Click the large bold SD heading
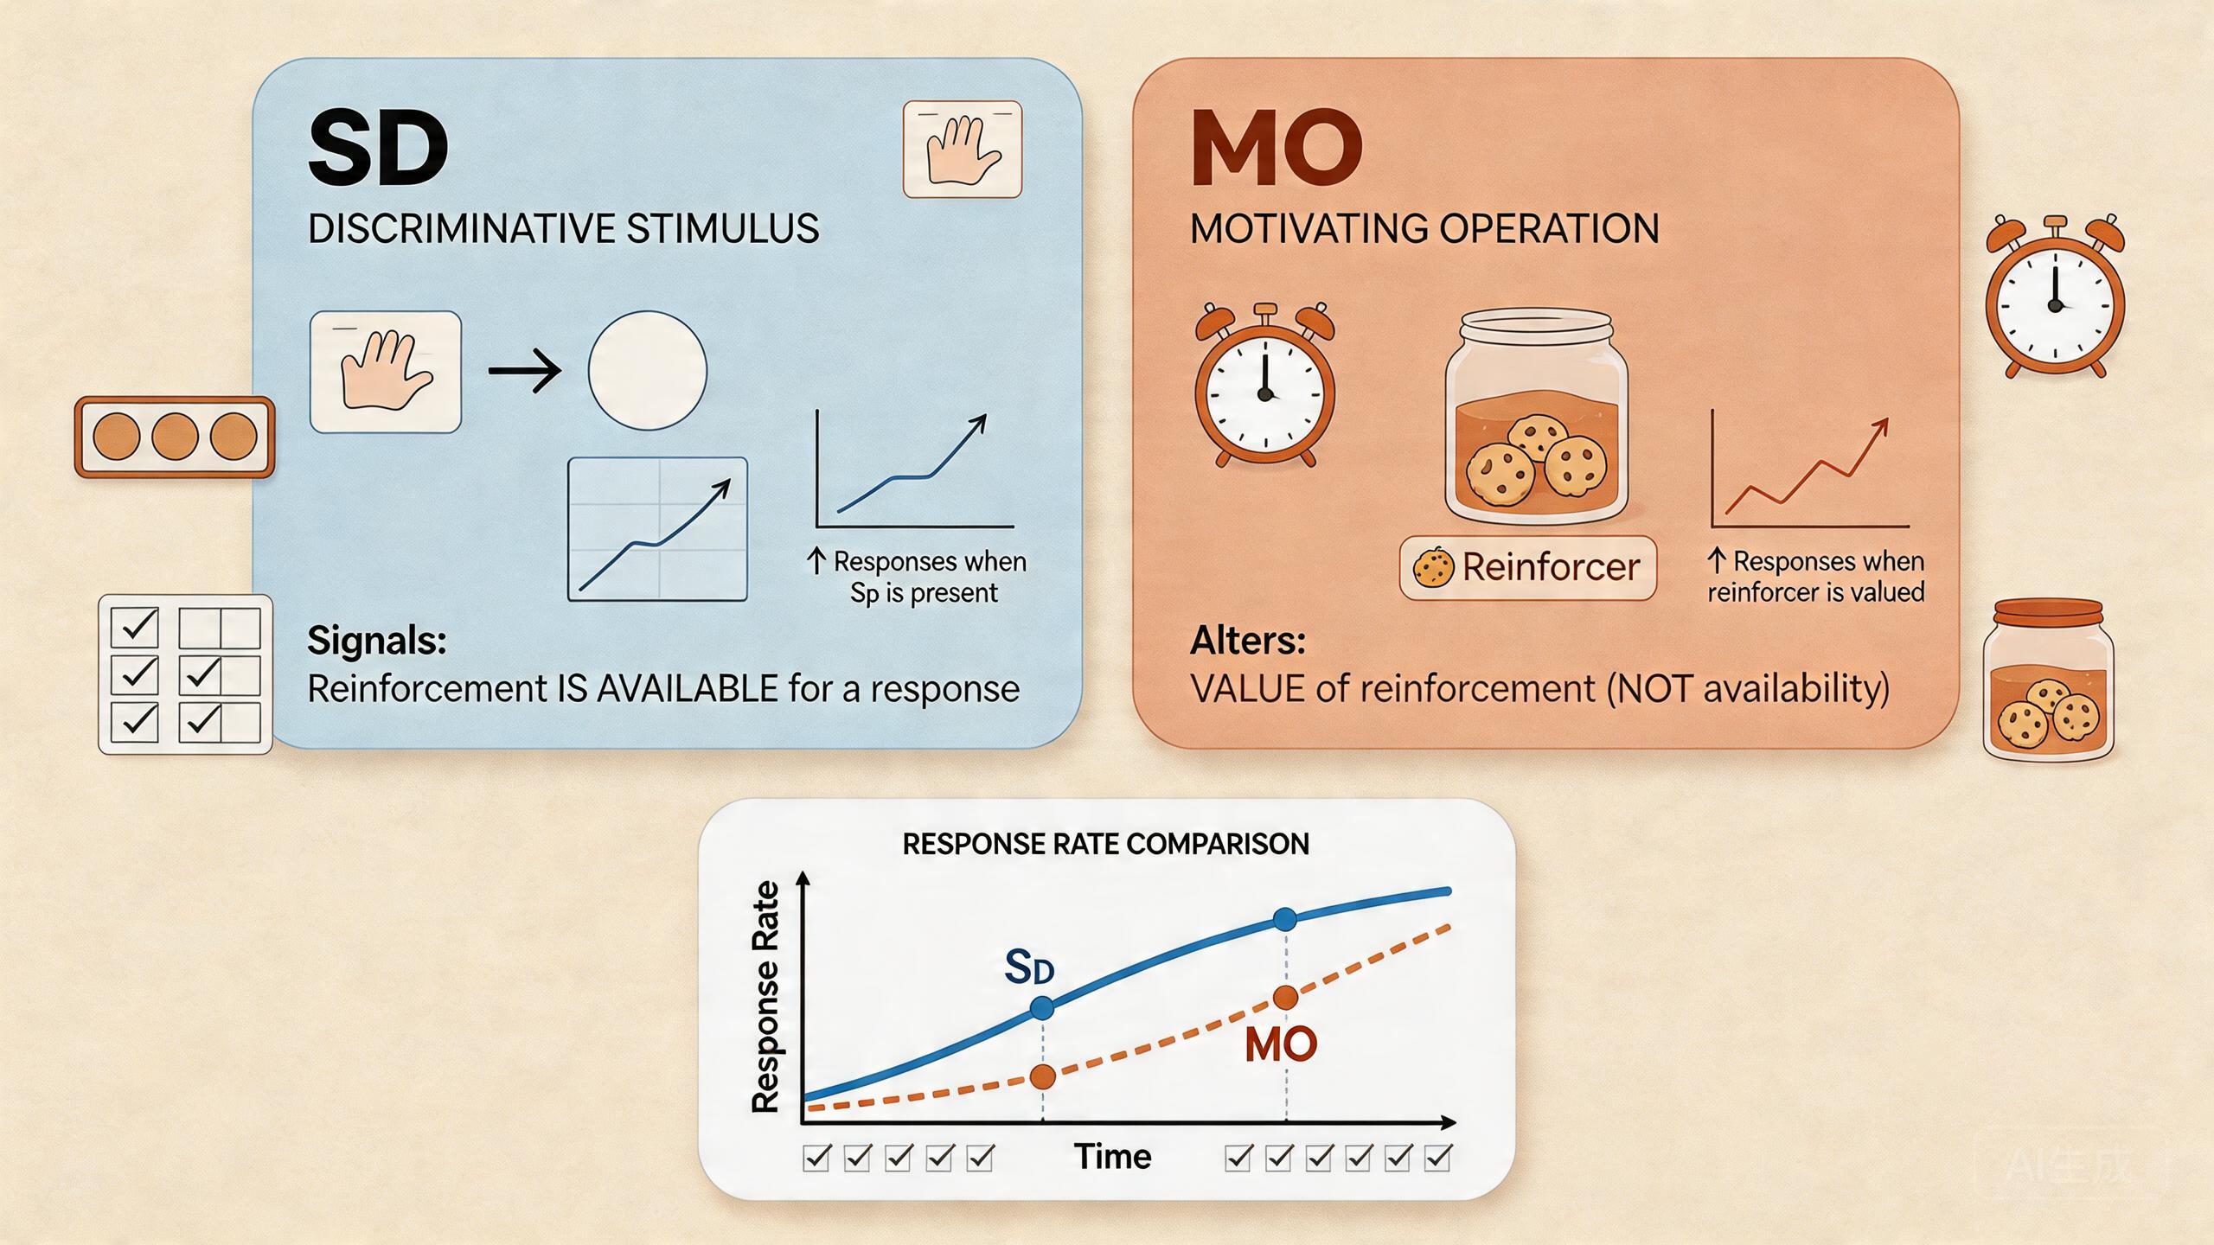(379, 148)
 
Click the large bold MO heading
(1277, 148)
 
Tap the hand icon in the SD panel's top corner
(963, 150)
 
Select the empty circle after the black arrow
(647, 371)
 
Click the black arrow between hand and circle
(524, 371)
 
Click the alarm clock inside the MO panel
(1264, 385)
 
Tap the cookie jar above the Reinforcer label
(1536, 418)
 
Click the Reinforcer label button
(1527, 568)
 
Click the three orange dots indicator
(175, 437)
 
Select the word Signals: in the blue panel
(377, 641)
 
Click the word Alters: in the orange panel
(1248, 641)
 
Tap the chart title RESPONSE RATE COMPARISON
(1105, 844)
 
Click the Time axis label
(1112, 1157)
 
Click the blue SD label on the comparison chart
(1029, 967)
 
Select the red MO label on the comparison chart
(1281, 1045)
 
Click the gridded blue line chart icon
(657, 529)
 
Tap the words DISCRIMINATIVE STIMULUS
(563, 229)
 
